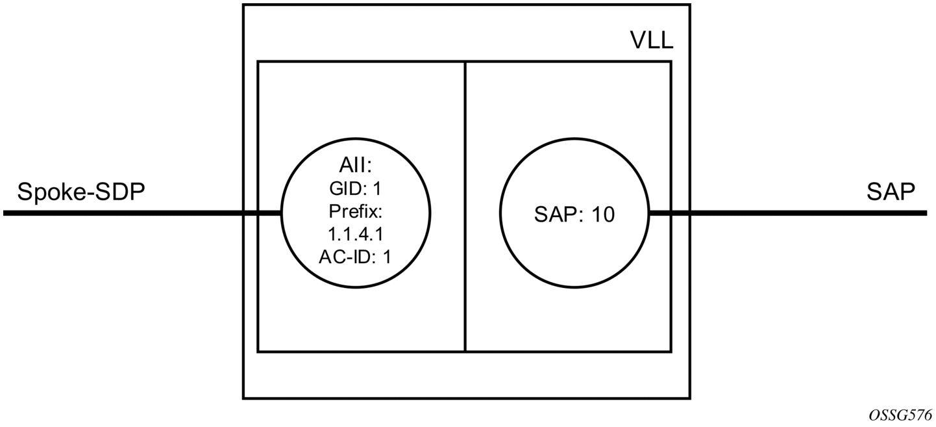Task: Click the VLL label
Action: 652,41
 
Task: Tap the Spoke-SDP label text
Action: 80,192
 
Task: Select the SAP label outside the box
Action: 891,192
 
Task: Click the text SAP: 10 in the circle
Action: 574,215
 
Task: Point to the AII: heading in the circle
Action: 355,166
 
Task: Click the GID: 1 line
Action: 356,189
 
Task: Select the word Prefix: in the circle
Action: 356,212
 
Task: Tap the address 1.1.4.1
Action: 356,235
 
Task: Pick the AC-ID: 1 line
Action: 355,257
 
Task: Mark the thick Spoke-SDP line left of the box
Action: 142,213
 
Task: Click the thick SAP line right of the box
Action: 788,213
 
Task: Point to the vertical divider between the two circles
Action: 465,207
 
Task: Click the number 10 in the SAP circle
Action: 603,215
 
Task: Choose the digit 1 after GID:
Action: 377,189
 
